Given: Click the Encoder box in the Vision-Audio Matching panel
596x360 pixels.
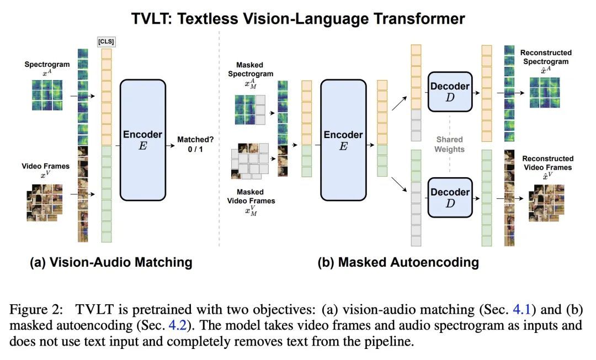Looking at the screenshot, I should pyautogui.click(x=142, y=140).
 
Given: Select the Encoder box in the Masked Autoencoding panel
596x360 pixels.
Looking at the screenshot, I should pyautogui.click(x=343, y=140).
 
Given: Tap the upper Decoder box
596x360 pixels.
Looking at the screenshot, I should pyautogui.click(x=450, y=91).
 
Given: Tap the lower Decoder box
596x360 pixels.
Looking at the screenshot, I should pyautogui.click(x=450, y=197).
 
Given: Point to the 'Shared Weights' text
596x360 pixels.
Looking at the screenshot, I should pyautogui.click(x=449, y=145).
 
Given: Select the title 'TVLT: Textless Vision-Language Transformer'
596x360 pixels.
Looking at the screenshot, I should pyautogui.click(x=298, y=19).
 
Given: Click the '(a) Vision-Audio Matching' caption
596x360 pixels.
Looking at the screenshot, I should pyautogui.click(x=111, y=262).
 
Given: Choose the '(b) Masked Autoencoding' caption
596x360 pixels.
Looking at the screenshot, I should pyautogui.click(x=398, y=262).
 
